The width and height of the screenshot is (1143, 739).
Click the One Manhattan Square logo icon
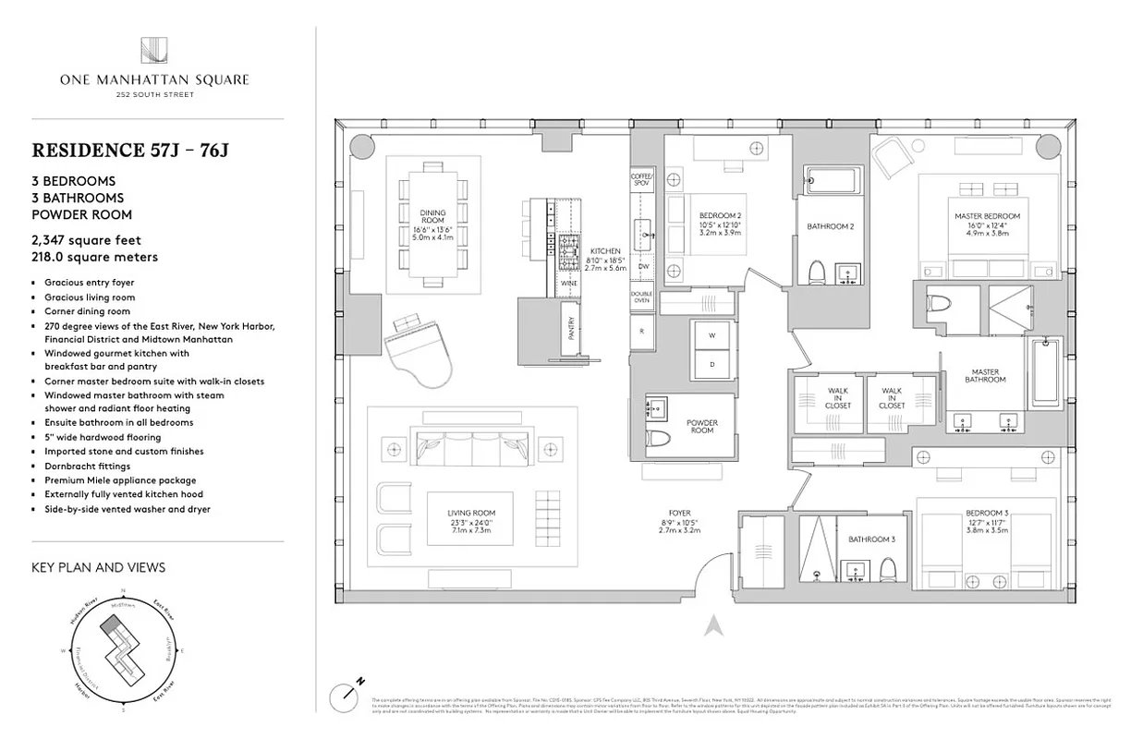(x=153, y=52)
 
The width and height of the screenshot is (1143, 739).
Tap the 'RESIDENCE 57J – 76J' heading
(x=129, y=150)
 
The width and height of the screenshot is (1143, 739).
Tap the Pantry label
(x=571, y=330)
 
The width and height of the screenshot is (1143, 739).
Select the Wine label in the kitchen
(x=569, y=283)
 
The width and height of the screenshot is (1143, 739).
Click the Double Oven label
(x=641, y=298)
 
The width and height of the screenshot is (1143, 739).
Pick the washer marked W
(x=711, y=335)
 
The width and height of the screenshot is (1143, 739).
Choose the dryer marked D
(x=711, y=363)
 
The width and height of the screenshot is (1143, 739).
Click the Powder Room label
(x=701, y=426)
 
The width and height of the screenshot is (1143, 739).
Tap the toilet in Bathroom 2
(x=816, y=273)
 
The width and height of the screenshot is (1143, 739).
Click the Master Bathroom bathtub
(x=1044, y=378)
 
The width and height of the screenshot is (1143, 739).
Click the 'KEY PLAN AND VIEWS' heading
(x=98, y=567)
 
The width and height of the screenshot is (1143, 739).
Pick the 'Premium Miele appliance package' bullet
(x=120, y=480)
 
